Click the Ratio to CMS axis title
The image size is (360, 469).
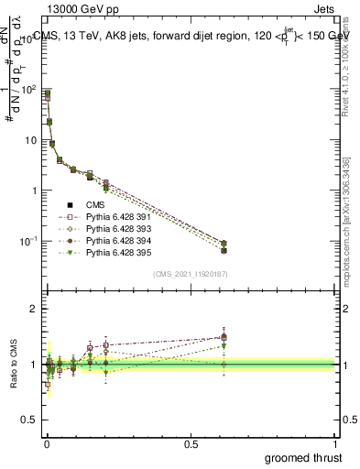13,365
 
